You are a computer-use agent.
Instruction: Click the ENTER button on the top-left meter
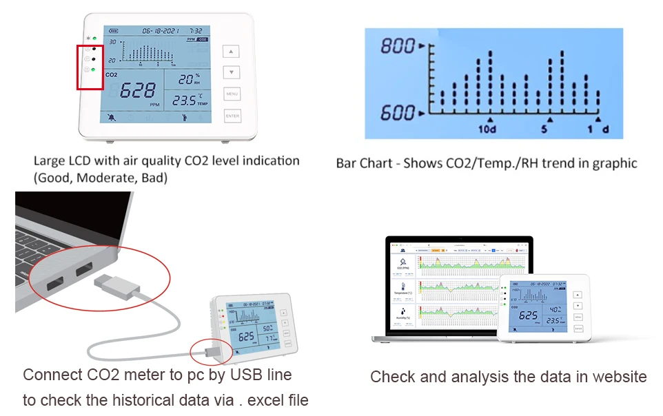(x=233, y=116)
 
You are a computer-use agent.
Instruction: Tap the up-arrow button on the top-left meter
(x=233, y=52)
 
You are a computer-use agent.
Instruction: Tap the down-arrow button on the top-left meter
(x=233, y=72)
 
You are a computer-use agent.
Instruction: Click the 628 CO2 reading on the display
(x=137, y=90)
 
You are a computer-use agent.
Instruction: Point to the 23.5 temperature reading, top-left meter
(x=184, y=101)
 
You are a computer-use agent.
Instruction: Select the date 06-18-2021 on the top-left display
(x=161, y=31)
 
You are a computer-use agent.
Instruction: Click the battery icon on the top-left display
(x=113, y=31)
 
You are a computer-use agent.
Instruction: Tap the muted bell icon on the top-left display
(x=112, y=117)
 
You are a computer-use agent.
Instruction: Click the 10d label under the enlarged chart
(x=487, y=129)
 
